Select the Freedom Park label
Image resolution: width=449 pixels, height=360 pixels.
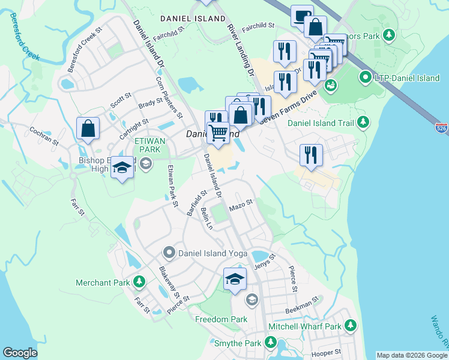pyautogui.click(x=221, y=319)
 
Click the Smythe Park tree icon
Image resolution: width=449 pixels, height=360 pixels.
pyautogui.click(x=271, y=344)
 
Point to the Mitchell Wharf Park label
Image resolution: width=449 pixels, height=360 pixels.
pyautogui.click(x=304, y=326)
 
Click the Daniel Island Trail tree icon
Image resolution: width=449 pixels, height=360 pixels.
pyautogui.click(x=363, y=123)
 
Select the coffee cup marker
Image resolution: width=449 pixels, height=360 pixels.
pyautogui.click(x=302, y=16)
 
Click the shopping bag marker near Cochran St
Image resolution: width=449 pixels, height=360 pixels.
pyautogui.click(x=88, y=128)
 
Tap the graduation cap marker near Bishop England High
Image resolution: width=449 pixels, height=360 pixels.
pyautogui.click(x=122, y=167)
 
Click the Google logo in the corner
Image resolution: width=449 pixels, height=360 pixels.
pyautogui.click(x=20, y=353)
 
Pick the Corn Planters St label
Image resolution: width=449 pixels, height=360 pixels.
pyautogui.click(x=168, y=96)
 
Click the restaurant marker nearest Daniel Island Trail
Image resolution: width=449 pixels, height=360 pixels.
pyautogui.click(x=311, y=155)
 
